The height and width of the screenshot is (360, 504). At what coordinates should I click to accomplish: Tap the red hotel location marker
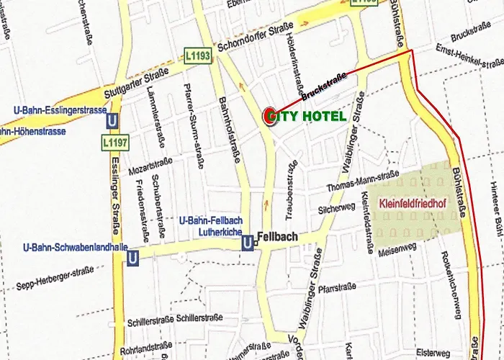(x=271, y=116)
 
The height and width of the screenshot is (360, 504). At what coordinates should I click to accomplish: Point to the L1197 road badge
(x=115, y=142)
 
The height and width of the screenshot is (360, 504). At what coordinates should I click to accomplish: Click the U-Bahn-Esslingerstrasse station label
(x=60, y=110)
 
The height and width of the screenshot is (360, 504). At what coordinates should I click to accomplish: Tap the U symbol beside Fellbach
(x=248, y=243)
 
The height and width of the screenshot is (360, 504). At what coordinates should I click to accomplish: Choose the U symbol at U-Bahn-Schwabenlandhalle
(x=132, y=257)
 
